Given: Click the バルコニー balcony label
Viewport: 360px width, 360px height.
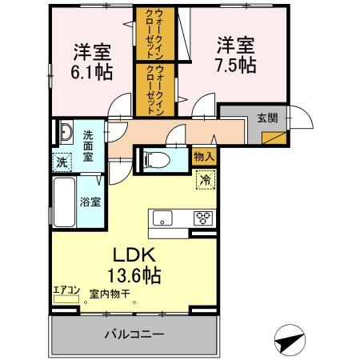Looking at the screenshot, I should [x=135, y=333].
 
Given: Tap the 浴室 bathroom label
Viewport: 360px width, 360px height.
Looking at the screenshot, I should [x=90, y=202].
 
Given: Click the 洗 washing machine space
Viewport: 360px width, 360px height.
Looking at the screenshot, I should [x=62, y=162].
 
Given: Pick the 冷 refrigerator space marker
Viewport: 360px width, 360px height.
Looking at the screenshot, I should [x=205, y=180].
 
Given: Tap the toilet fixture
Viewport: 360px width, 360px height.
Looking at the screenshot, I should [x=157, y=159].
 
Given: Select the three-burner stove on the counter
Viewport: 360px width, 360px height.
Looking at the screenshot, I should [x=203, y=217].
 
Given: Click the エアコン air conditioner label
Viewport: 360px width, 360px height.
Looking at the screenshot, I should [x=66, y=290].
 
